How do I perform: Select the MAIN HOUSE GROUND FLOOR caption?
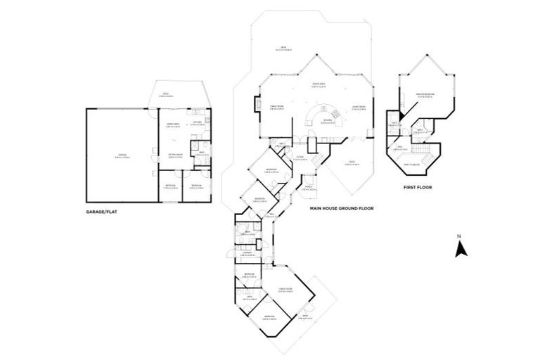341,209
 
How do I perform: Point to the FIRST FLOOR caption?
418,188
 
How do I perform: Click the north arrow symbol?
459,249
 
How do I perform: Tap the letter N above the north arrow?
459,236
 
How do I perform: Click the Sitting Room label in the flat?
176,155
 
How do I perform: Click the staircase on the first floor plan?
420,153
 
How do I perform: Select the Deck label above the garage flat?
167,95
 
